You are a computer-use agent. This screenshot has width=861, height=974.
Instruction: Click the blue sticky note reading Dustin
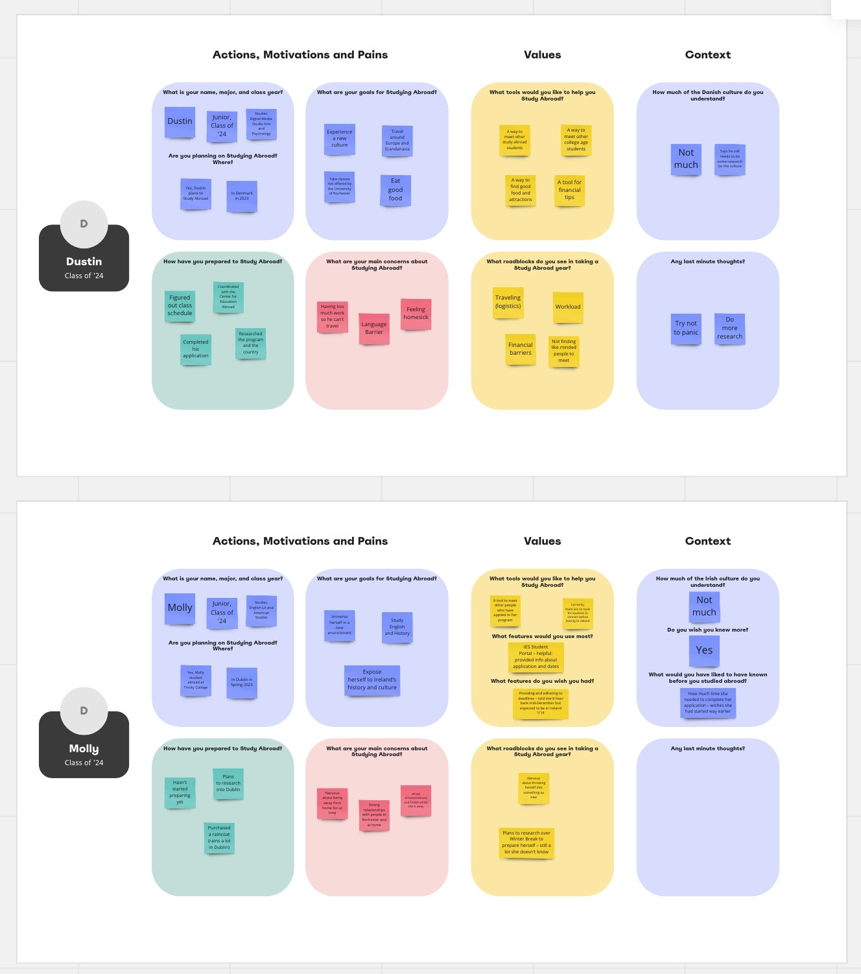(x=180, y=122)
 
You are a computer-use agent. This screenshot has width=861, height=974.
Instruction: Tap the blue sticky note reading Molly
(x=180, y=608)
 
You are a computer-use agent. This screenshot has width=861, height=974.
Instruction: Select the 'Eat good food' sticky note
(x=395, y=190)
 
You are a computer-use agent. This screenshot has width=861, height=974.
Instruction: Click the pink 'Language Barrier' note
(x=374, y=328)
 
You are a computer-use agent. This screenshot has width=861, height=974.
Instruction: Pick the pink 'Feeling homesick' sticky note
(x=416, y=314)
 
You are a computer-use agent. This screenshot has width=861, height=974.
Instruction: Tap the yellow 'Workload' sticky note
(x=568, y=307)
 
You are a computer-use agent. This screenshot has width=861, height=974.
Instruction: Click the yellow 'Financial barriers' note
(x=521, y=349)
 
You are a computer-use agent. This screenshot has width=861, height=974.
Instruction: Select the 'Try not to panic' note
(x=685, y=328)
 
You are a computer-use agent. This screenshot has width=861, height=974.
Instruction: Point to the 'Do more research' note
(x=729, y=328)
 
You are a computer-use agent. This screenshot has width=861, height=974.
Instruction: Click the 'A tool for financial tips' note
(x=569, y=190)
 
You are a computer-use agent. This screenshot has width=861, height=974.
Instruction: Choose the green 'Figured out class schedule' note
(x=180, y=305)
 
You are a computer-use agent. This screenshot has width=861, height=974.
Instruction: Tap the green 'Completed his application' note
(x=196, y=349)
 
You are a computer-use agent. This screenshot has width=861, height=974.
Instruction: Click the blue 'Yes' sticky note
(x=704, y=650)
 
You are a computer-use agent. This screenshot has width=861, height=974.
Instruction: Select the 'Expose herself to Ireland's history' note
(x=372, y=680)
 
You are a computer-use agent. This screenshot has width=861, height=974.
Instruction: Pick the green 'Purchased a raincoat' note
(x=219, y=838)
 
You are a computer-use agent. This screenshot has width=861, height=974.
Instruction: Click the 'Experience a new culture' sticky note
(x=340, y=139)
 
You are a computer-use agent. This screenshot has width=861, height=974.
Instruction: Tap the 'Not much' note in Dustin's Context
(x=686, y=159)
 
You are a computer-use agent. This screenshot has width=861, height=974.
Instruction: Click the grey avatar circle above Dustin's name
(x=84, y=224)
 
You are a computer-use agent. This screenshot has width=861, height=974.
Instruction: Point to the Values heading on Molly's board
(x=542, y=541)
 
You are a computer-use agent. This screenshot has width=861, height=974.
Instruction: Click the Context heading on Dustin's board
(x=707, y=54)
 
